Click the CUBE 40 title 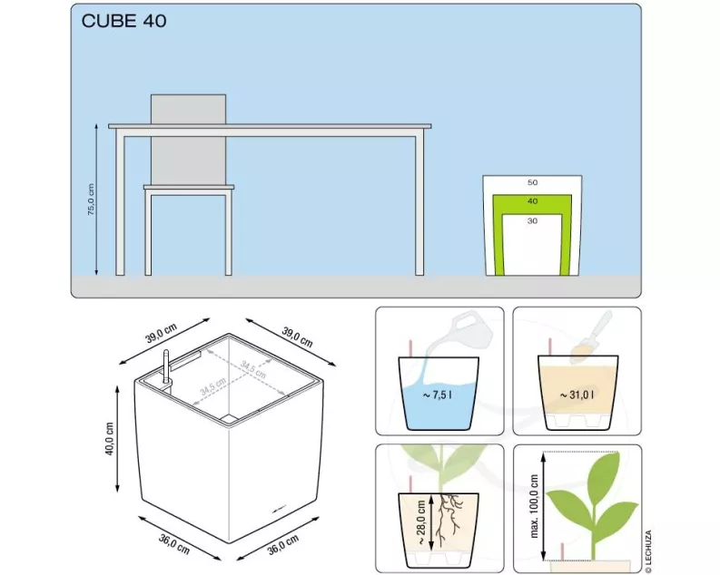123,21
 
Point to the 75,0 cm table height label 91,200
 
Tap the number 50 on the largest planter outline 532,182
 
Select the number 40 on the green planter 532,200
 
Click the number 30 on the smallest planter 532,221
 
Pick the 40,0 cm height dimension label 109,439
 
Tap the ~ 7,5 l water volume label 437,395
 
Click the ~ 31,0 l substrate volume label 577,395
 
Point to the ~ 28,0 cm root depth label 421,521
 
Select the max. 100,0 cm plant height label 534,506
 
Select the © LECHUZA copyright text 648,551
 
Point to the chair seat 189,188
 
